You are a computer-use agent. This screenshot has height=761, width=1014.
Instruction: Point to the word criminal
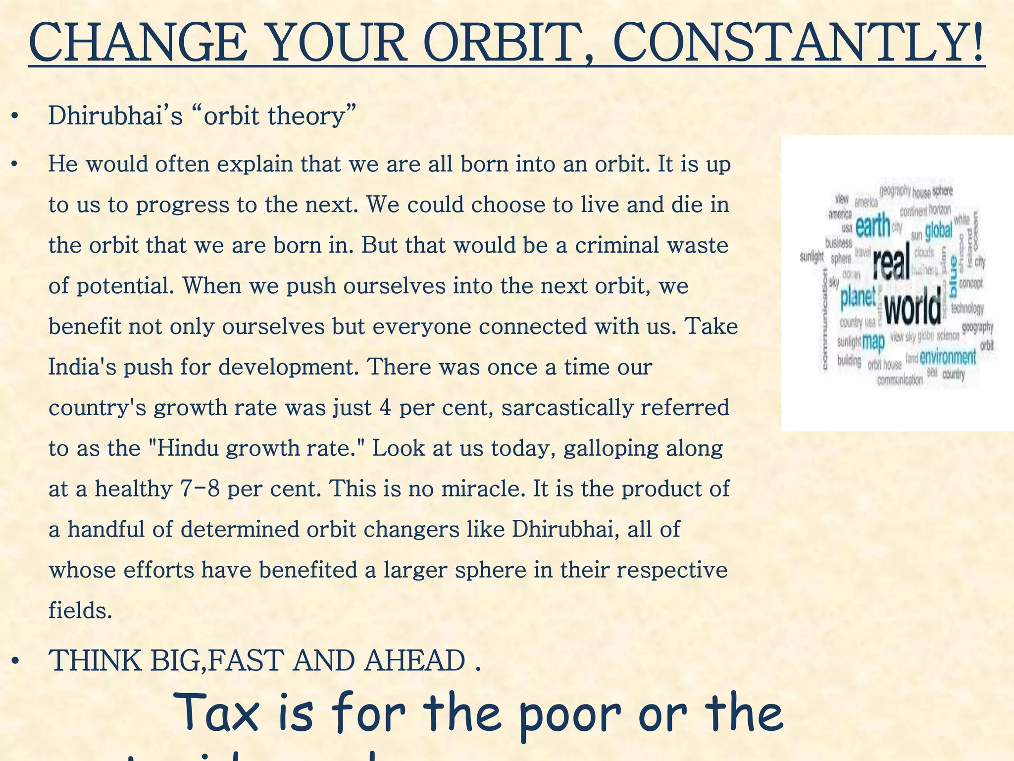pos(616,246)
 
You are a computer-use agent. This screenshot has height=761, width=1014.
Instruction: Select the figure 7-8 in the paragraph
pos(198,489)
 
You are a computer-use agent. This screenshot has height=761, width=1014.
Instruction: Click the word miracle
pos(482,489)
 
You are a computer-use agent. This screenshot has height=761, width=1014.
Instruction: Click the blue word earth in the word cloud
pos(872,226)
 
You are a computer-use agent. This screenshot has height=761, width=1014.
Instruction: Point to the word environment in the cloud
pos(948,357)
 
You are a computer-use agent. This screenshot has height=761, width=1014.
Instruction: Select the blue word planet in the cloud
pos(858,297)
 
